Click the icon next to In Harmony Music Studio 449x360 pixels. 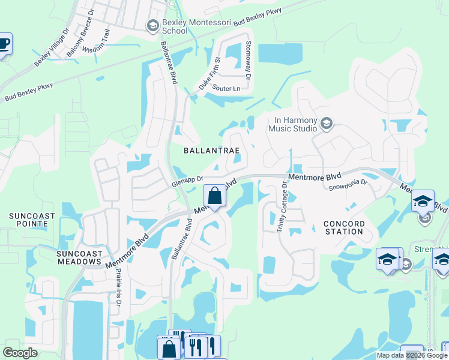point(327,124)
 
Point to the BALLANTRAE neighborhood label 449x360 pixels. point(212,151)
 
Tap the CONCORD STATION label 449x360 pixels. point(343,228)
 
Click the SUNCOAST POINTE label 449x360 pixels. point(32,220)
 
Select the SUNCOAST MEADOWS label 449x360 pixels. point(78,257)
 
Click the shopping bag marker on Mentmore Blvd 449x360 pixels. point(214,196)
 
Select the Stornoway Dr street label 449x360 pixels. point(247,61)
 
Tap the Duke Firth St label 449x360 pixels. point(210,73)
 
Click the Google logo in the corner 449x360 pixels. point(20,352)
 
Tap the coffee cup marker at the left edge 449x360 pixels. point(3,44)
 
